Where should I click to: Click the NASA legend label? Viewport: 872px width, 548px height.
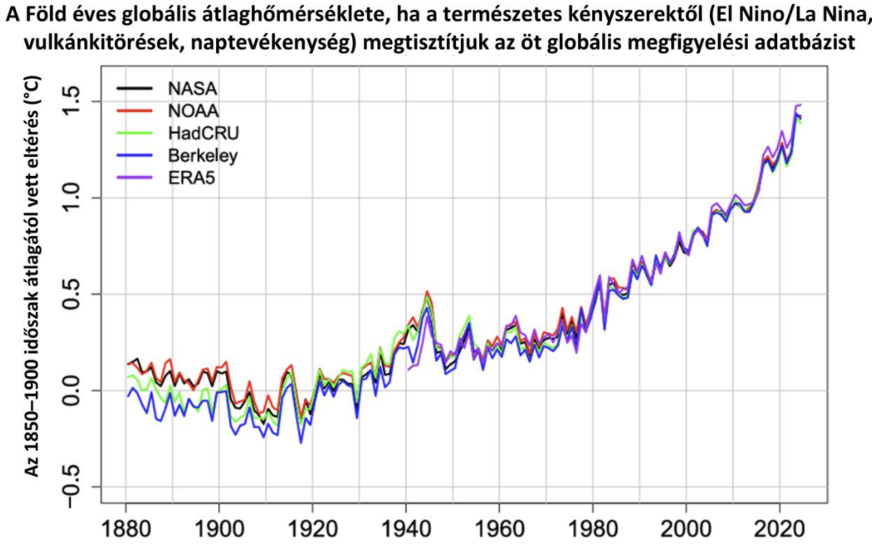coord(192,89)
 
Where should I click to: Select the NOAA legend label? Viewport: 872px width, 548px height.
coord(193,111)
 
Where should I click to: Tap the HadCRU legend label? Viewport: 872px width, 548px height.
coord(203,133)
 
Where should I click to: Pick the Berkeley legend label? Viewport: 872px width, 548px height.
coord(203,156)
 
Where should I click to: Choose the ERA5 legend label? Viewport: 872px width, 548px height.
coord(192,178)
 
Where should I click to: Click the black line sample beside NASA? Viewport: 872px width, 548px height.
coord(134,88)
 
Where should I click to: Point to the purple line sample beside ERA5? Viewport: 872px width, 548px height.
coord(134,177)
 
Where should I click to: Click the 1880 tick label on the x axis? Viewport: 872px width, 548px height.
coord(126,529)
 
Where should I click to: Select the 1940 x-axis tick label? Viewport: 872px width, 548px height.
coord(406,529)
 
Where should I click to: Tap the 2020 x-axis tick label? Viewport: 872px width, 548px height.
coord(779,529)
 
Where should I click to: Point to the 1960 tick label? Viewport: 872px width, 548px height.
coord(499,529)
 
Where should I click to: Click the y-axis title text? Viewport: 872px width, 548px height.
coord(32,277)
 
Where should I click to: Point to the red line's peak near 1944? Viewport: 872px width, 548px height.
coord(427,291)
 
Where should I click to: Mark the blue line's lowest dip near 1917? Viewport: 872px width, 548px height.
coord(300,443)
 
